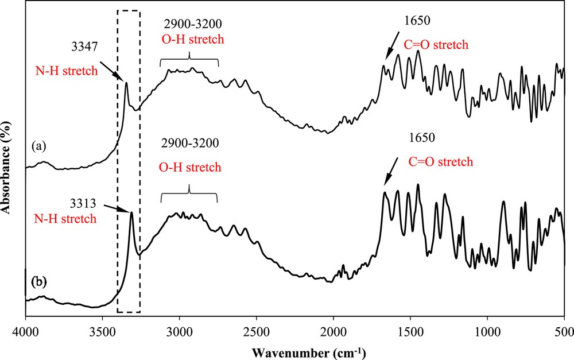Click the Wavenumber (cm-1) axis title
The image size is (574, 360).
[x=294, y=350]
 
